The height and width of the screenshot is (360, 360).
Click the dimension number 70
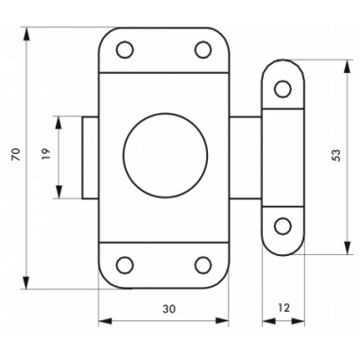click(16, 154)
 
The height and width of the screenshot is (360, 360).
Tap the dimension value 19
click(46, 153)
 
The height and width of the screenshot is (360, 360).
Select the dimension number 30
click(169, 309)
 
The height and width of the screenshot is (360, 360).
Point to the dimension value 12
click(283, 308)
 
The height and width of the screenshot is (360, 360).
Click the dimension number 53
click(336, 156)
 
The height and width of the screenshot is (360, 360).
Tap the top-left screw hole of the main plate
click(125, 49)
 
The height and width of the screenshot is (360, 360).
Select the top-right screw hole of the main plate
click(203, 49)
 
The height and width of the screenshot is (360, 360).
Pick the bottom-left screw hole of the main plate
click(125, 265)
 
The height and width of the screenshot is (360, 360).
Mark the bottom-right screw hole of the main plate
click(203, 265)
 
